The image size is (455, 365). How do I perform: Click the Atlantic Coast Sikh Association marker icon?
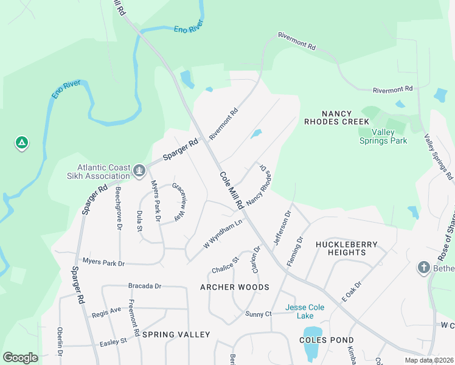coord(139,170)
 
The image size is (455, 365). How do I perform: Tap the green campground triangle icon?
coord(21,144)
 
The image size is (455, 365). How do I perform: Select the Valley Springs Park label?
coord(381,136)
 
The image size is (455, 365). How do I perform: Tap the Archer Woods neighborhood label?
coord(235,287)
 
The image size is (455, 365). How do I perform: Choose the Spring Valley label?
coord(177,335)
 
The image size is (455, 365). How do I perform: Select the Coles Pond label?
coord(327,340)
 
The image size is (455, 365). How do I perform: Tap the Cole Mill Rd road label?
coord(231,190)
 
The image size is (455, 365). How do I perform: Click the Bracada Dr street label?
coord(144,285)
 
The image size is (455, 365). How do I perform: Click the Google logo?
coord(21,357)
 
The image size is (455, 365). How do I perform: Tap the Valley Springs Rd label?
coord(439,157)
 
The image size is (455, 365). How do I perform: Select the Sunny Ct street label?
coord(259,314)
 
